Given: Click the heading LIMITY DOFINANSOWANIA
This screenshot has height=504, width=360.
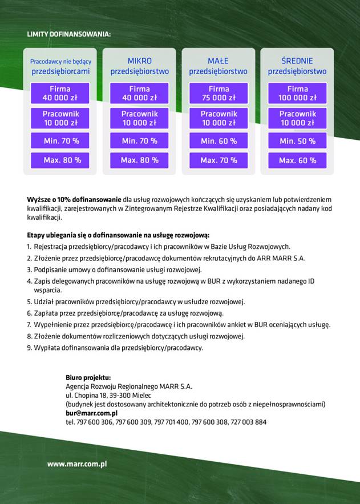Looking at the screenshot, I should point(68,34).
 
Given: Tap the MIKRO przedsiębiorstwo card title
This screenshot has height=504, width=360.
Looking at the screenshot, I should point(140,66).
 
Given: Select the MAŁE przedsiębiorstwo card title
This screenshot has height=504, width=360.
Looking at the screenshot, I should point(219,66).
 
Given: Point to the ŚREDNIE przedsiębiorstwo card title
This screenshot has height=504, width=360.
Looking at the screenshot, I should point(297,66).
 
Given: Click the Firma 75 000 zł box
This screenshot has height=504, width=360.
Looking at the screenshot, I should point(219,93).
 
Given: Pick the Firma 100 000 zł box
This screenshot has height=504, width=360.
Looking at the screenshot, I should point(297,93).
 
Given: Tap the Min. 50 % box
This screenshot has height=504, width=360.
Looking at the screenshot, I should point(297,140).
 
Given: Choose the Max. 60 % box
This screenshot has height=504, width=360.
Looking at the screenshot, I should point(297,160).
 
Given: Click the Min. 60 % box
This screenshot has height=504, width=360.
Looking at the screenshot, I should point(219,140).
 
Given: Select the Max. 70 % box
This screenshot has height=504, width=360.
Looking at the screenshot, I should point(219,160).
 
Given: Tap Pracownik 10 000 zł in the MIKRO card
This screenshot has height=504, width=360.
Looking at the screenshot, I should point(140,118).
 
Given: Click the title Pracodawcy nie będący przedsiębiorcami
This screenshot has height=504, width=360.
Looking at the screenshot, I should point(60,66).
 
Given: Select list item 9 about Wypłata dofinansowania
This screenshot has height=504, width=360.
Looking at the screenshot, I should point(115,347).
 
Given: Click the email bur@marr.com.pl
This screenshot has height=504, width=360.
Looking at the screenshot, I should point(91,413).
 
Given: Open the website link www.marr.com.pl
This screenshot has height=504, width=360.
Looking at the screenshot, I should point(77,464).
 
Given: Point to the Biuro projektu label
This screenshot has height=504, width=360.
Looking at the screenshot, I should point(88,377).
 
